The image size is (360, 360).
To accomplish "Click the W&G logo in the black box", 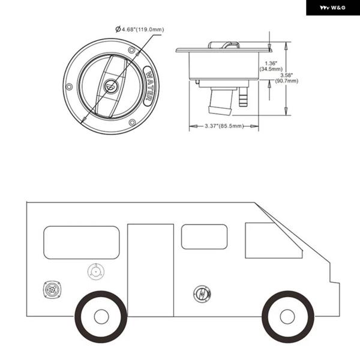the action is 332,8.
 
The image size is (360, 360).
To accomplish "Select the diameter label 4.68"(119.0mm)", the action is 140,29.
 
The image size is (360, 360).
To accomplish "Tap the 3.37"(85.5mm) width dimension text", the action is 224,126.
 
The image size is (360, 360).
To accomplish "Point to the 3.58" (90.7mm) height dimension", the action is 287,78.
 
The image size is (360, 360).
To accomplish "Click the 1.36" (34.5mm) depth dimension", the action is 271,66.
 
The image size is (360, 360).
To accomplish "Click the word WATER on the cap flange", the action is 149,86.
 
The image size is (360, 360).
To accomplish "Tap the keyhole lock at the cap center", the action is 111,86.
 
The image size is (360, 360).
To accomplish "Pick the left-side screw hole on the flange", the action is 69,87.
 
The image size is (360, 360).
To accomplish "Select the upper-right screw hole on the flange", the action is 131,50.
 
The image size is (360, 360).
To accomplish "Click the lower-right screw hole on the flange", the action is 132,122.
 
